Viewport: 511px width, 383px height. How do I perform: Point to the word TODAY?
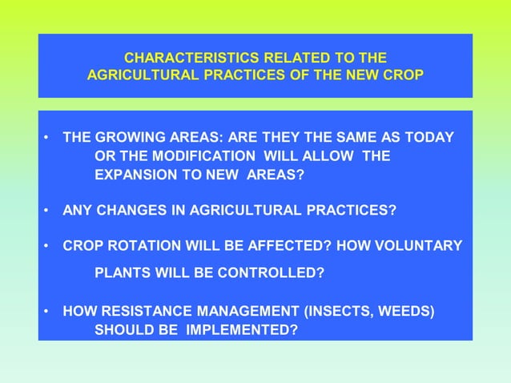click(x=430, y=137)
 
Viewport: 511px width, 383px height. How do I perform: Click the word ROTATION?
click(x=139, y=245)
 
